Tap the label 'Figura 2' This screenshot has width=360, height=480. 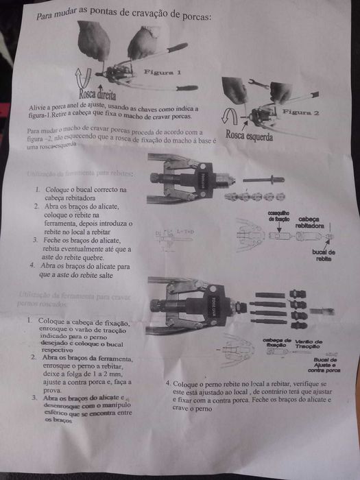[x=302, y=111]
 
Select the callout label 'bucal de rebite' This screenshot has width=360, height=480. [x=323, y=255]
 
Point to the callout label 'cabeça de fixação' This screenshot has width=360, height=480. [x=278, y=343]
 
